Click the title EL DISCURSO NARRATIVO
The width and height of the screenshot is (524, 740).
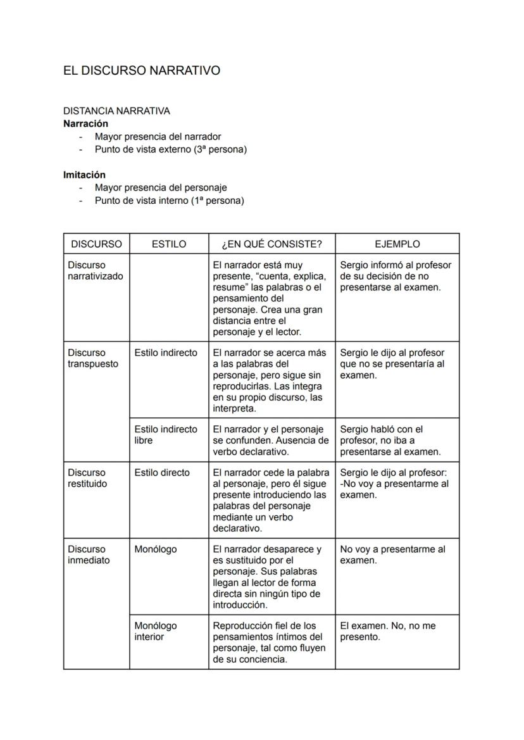pos(142,71)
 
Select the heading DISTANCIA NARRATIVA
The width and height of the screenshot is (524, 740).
pos(116,111)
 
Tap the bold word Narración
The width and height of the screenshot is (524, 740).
pos(85,123)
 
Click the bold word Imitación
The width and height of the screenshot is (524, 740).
pos(84,175)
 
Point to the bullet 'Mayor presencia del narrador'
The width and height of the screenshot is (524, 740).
pos(158,136)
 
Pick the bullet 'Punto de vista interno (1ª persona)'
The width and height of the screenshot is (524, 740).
pos(169,201)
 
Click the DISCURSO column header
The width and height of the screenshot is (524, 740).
pos(96,244)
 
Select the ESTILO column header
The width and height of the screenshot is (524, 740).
pos(169,244)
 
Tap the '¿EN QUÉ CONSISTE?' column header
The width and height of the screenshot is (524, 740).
pos(271,244)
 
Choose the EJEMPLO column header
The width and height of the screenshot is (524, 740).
pos(397,244)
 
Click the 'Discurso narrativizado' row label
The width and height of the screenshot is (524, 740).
pos(96,270)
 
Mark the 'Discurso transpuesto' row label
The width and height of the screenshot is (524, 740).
pos(93,358)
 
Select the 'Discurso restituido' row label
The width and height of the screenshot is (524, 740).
pos(87,478)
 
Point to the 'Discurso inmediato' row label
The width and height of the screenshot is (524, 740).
pos(89,555)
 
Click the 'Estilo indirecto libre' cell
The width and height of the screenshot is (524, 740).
pos(166,434)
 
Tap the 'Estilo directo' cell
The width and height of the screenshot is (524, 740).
pos(162,472)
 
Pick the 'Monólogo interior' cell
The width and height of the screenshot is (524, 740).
pos(156,631)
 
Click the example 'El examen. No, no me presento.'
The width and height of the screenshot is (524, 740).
pos(387,631)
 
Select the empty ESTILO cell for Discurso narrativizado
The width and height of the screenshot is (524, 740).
pos(169,297)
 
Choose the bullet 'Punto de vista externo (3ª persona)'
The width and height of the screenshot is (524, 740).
pos(170,149)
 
